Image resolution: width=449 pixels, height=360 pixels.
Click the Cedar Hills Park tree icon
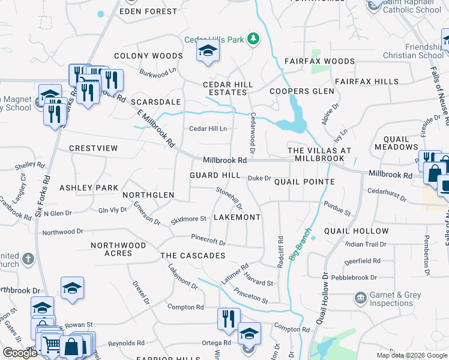point(253,39)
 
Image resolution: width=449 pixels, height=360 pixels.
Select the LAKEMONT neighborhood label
point(237,217)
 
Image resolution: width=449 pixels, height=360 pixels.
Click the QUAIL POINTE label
point(304,182)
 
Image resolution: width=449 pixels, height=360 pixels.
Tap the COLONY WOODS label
point(148,56)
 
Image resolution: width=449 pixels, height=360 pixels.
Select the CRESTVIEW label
point(93,148)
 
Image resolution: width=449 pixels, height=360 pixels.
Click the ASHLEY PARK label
point(89,188)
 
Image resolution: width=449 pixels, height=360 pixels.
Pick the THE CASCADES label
point(193,256)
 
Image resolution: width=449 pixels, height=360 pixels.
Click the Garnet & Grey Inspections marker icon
point(360,298)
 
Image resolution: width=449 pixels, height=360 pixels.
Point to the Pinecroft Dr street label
point(208,240)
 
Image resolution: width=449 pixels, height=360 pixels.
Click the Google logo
point(20,353)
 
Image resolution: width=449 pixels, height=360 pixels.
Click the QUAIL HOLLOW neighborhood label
point(356,231)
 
